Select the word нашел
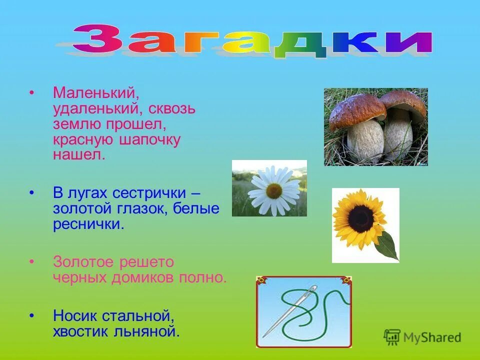[x=79, y=155]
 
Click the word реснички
[x=88, y=224]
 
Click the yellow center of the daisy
[x=273, y=190]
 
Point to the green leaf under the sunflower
[x=387, y=246]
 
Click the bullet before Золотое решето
[x=31, y=262]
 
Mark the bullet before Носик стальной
[x=31, y=316]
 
